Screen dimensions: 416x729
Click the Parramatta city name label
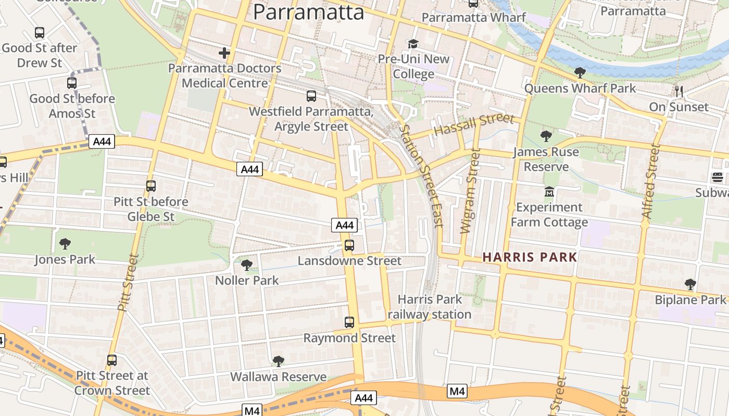tap(308, 12)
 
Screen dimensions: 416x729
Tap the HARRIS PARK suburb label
tap(530, 257)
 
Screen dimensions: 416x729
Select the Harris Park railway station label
tap(429, 307)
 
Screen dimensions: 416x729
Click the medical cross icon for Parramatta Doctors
tap(224, 53)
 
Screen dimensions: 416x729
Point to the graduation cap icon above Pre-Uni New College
tap(413, 44)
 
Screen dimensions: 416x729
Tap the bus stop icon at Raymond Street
tap(349, 322)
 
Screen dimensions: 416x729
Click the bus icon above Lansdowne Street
tap(349, 245)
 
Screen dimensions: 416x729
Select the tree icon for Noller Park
tap(247, 265)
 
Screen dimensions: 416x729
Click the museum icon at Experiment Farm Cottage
tap(549, 192)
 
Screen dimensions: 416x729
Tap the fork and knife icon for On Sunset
tap(678, 92)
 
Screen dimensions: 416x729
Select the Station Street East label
tap(422, 175)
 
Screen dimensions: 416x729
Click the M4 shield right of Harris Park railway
tap(457, 391)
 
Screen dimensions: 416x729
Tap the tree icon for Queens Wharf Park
tap(580, 73)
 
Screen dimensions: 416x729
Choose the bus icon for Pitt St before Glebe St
tap(151, 186)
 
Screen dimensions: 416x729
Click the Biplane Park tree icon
tap(690, 284)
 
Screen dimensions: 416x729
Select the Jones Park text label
tap(65, 259)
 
